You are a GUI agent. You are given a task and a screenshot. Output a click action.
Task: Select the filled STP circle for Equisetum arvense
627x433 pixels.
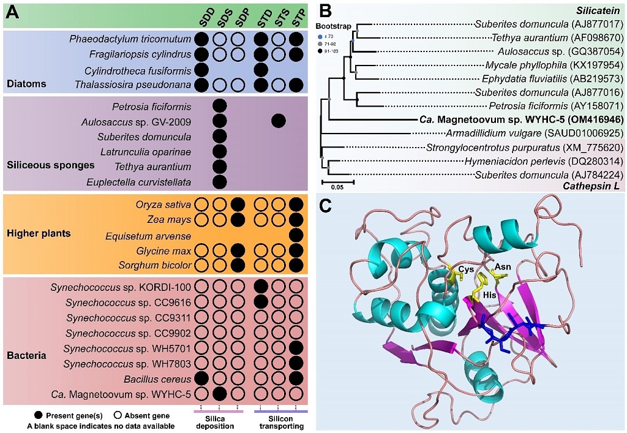pyautogui.click(x=298, y=235)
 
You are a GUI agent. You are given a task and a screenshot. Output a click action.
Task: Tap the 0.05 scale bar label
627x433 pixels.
pyautogui.click(x=337, y=188)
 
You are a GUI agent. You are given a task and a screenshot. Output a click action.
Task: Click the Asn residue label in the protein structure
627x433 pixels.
pyautogui.click(x=502, y=268)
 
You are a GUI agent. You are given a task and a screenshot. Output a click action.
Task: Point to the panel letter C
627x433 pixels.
pyautogui.click(x=328, y=206)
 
